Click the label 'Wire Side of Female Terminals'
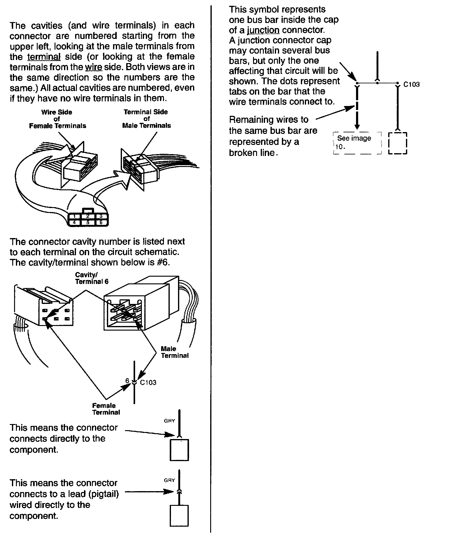click(x=57, y=119)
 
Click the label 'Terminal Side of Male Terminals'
click(x=146, y=119)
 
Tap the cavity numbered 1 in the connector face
click(x=74, y=217)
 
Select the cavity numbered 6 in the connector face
click(x=101, y=223)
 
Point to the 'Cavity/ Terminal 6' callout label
click(x=92, y=278)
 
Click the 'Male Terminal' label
click(x=174, y=352)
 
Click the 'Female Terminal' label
click(x=106, y=409)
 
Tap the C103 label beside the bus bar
click(x=411, y=85)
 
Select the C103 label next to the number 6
click(x=148, y=383)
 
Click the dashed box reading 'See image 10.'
click(x=357, y=143)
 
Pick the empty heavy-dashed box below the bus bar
click(x=397, y=143)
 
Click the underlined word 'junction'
click(x=263, y=30)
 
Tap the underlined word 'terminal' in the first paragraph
click(x=44, y=57)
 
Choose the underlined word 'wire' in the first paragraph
click(x=93, y=67)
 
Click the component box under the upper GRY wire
click(x=179, y=450)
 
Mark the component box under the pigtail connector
click(x=179, y=516)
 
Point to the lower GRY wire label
click(x=169, y=480)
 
